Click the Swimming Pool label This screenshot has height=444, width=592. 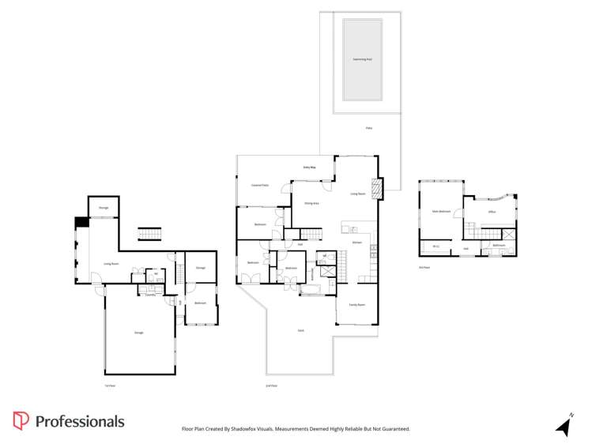[361, 59]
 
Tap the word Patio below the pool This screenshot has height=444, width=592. [368, 127]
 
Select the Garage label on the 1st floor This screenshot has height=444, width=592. [138, 333]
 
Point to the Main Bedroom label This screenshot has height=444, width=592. [441, 212]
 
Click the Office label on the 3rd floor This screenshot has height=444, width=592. [492, 212]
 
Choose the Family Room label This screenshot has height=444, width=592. [356, 304]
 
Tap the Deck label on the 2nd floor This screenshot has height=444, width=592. [300, 330]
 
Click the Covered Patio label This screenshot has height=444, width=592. [260, 185]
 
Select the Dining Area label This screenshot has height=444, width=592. [311, 203]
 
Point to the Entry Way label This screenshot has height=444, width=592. [310, 167]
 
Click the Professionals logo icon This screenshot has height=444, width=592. [21, 421]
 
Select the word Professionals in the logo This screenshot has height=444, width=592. [79, 421]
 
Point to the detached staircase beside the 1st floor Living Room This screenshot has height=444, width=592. [149, 234]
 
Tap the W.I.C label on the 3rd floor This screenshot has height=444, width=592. [436, 246]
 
